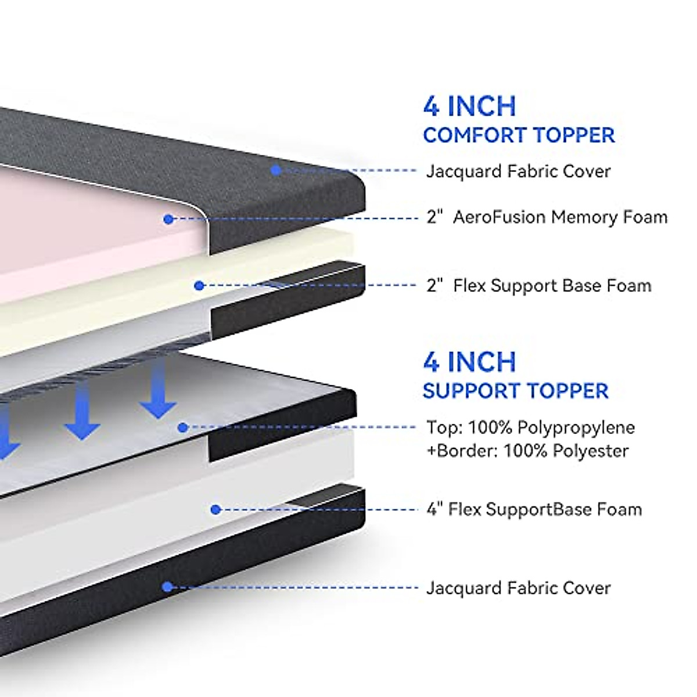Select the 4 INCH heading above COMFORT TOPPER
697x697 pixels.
pyautogui.click(x=469, y=106)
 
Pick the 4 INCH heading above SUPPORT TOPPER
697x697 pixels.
pyautogui.click(x=469, y=362)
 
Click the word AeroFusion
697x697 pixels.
pyautogui.click(x=499, y=217)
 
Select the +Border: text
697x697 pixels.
pyautogui.click(x=462, y=451)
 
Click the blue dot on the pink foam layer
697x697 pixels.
pyautogui.click(x=168, y=219)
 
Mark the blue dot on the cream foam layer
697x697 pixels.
pyautogui.click(x=199, y=285)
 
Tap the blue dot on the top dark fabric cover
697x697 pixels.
pyautogui.click(x=276, y=170)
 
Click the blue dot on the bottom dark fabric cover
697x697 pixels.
pyautogui.click(x=167, y=587)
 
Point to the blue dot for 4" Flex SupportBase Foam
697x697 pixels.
pyautogui.click(x=216, y=509)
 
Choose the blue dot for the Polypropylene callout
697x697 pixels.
pyautogui.click(x=183, y=427)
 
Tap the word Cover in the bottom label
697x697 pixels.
pyautogui.click(x=587, y=588)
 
